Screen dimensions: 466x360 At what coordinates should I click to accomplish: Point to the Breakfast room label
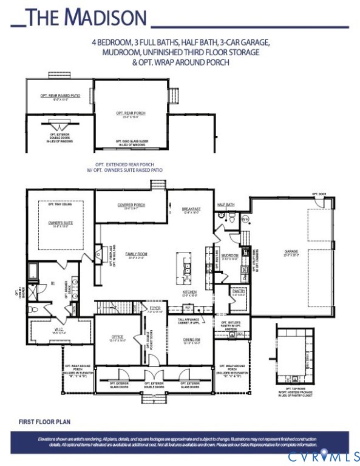click(x=191, y=209)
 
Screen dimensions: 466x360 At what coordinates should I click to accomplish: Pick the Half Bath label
click(x=226, y=205)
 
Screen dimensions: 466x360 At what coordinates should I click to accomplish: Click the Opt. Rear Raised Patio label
click(x=58, y=96)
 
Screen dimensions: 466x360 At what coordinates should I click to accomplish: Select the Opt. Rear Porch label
click(x=131, y=113)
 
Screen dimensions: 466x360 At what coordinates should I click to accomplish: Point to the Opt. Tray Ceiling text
click(x=60, y=205)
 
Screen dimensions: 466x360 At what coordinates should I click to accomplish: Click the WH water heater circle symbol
click(x=245, y=218)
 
